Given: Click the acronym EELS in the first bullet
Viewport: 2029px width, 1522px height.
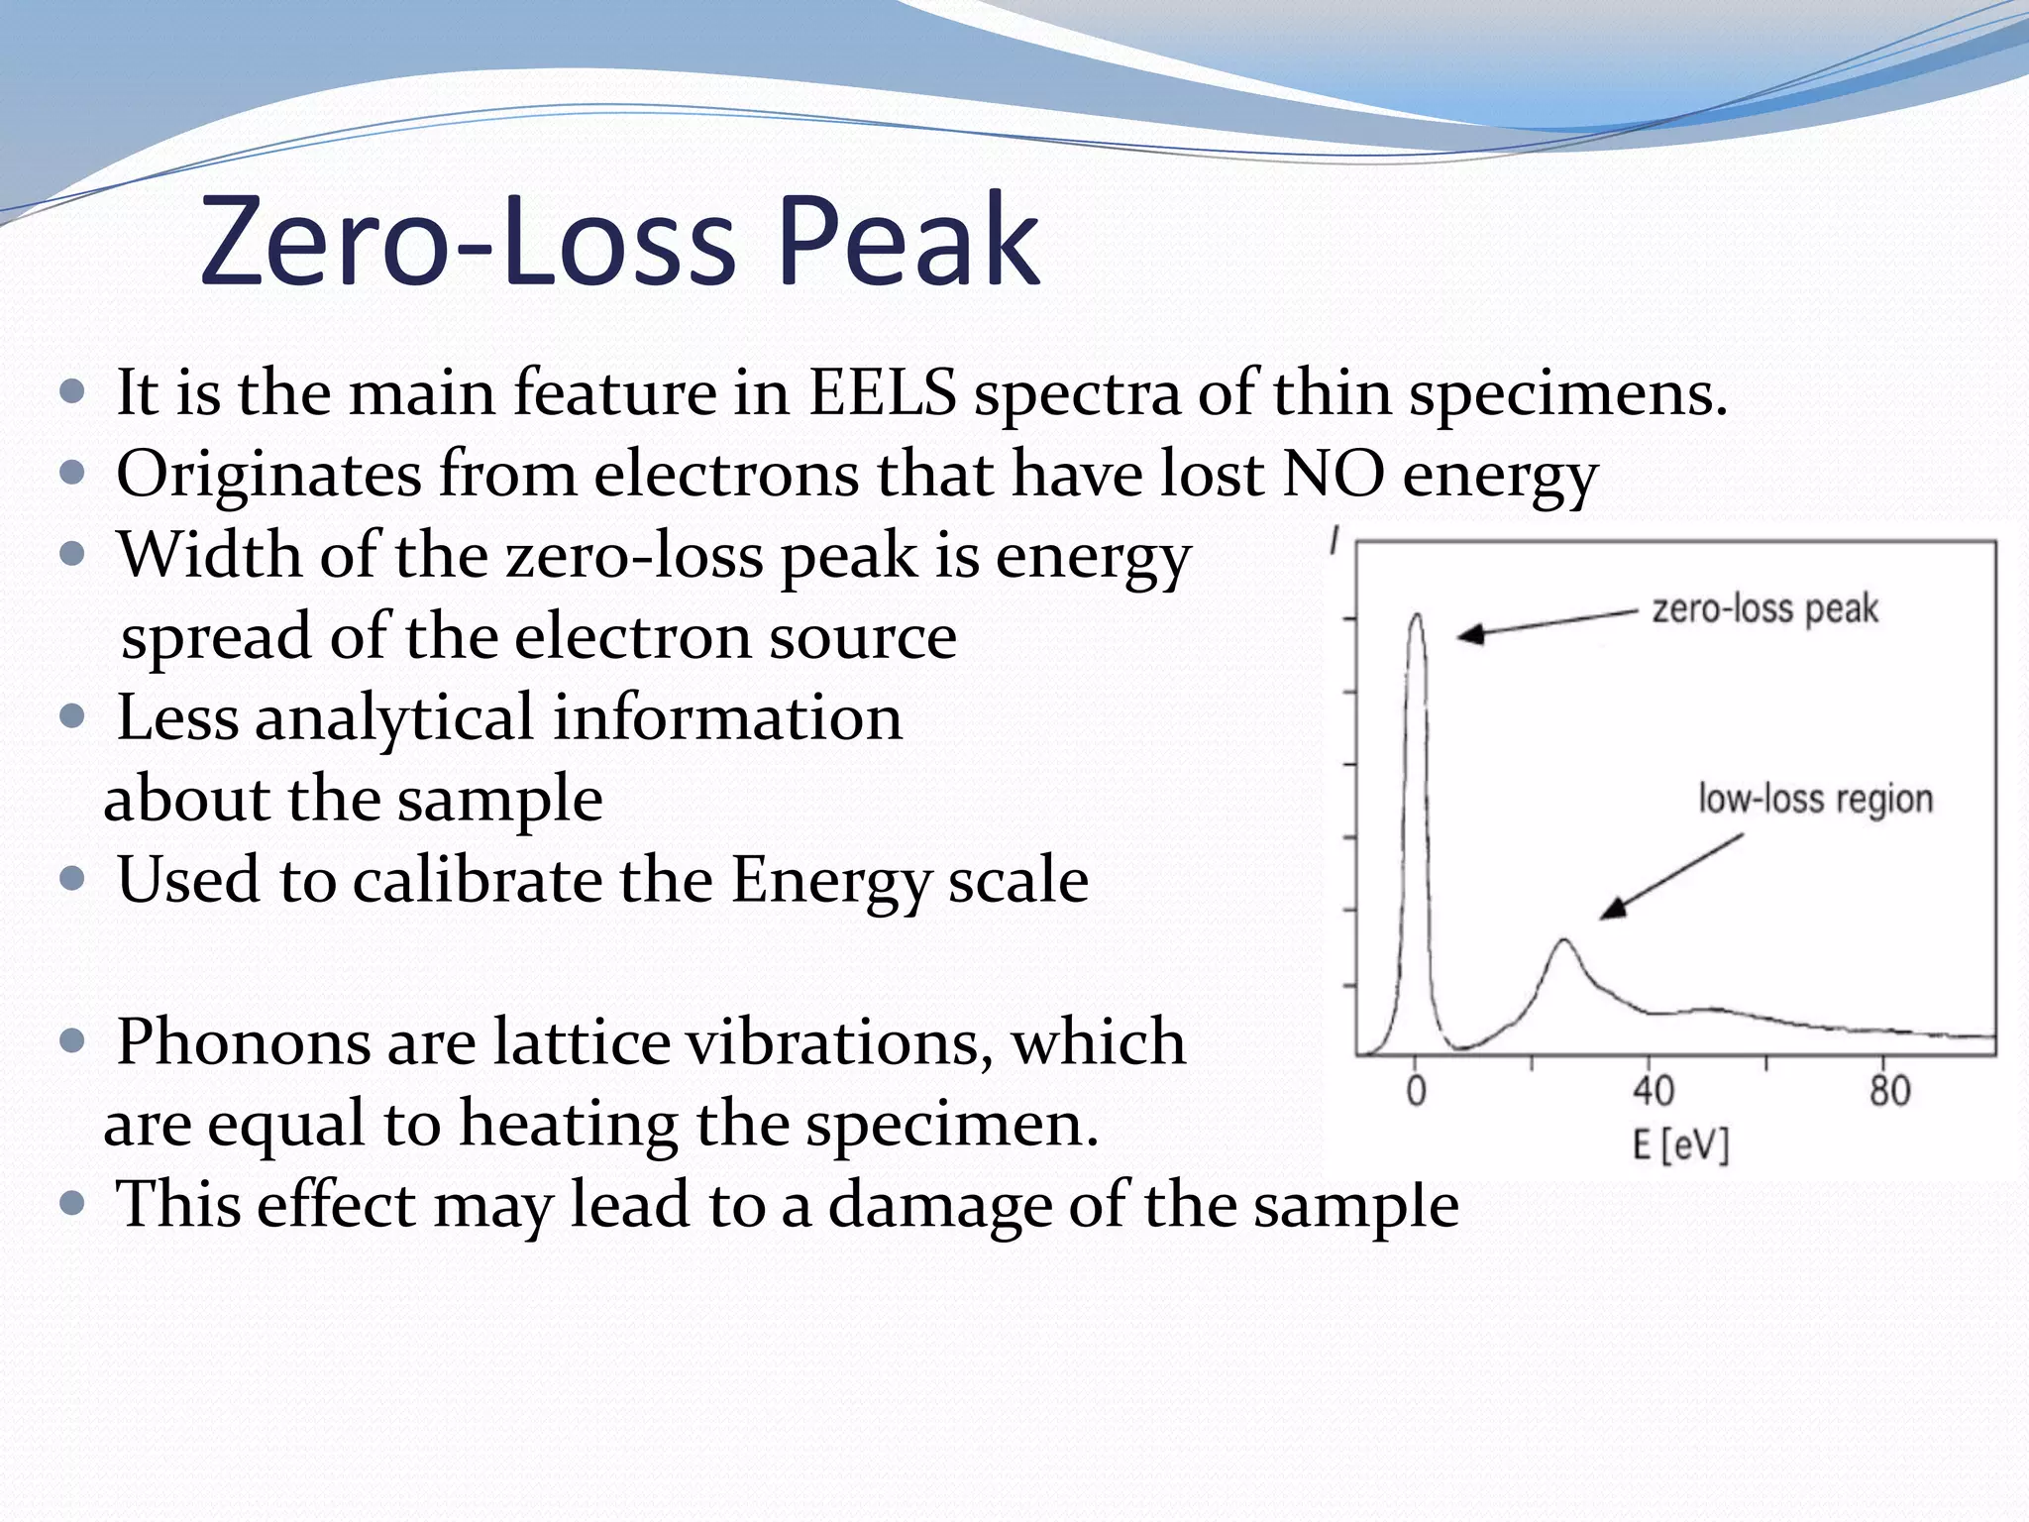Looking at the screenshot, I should click(883, 392).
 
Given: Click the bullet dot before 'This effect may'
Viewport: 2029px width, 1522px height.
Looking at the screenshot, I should click(71, 1203).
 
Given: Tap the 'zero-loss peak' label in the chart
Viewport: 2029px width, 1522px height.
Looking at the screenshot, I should click(1764, 609).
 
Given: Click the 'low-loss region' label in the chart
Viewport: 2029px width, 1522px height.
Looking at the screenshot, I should click(1815, 799).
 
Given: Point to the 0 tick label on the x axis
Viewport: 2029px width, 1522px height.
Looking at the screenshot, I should click(1417, 1091).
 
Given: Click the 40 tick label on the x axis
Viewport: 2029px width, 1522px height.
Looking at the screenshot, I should click(1653, 1091).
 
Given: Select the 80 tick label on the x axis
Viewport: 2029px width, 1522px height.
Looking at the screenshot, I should click(1889, 1091).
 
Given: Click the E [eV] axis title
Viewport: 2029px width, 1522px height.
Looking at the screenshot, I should click(1680, 1145).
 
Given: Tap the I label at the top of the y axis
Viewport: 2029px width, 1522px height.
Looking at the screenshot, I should click(1335, 542).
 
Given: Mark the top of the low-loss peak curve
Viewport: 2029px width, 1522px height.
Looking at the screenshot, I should click(1564, 939).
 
